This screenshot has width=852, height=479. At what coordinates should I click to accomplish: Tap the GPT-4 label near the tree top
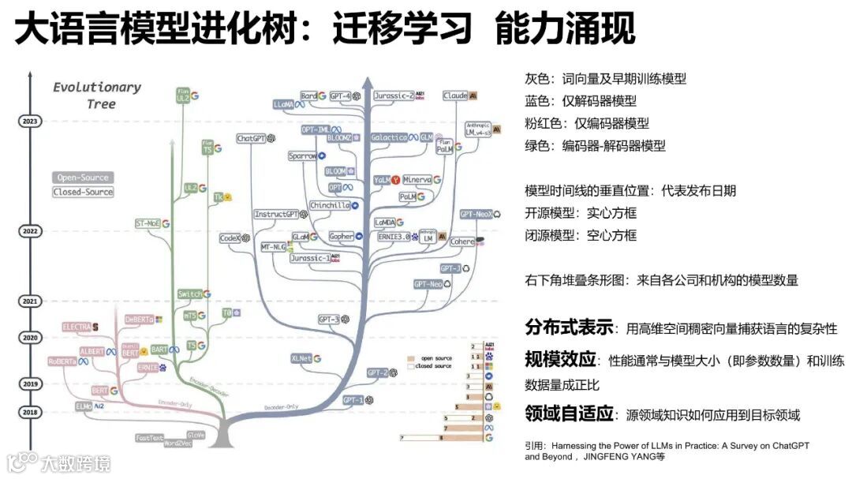coord(341,95)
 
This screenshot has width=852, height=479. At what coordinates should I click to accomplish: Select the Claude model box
coord(455,95)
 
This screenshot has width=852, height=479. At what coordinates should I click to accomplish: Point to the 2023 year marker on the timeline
coord(29,121)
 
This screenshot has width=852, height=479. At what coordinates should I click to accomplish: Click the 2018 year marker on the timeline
coord(29,412)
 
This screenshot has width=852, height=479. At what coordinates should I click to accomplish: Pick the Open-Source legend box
coord(83,178)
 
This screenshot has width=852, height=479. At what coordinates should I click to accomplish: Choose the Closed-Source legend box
coord(83,192)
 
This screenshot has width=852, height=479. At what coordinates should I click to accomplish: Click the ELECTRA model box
coord(77,326)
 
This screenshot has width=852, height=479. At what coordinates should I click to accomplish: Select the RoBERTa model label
coord(62,361)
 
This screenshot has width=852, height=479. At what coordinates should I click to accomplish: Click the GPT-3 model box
coord(328,320)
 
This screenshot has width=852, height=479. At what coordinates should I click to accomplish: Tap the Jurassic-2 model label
coord(394,95)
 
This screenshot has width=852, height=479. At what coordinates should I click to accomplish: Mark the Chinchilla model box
coord(330,205)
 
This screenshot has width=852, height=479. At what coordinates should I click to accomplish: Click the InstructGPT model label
coord(276,214)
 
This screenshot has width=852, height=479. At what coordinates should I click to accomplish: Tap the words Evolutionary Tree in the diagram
coord(96,95)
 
